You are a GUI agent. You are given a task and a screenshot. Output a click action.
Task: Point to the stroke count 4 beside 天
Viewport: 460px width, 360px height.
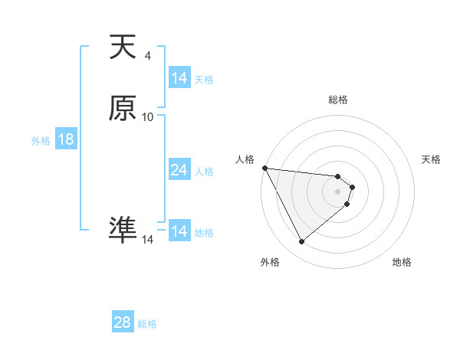148,56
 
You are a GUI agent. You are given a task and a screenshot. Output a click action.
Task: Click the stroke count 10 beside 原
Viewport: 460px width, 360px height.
148,117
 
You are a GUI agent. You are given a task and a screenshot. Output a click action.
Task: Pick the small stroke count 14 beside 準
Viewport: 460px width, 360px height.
148,240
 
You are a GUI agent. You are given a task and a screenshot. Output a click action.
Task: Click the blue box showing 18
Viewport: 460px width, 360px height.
65,140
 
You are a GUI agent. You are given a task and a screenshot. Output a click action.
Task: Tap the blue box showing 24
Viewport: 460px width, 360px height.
179,171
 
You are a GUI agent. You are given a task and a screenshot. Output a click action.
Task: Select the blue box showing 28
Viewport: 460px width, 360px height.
122,322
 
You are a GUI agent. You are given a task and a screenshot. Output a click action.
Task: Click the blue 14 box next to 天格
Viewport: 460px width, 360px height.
179,78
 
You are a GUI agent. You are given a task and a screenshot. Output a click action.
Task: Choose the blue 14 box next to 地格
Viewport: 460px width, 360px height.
179,232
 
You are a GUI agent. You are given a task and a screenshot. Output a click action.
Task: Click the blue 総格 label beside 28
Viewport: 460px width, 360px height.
147,324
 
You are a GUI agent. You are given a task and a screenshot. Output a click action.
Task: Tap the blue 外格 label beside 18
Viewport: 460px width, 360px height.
41,141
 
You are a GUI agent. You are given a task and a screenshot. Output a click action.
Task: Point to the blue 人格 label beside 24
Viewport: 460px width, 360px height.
205,172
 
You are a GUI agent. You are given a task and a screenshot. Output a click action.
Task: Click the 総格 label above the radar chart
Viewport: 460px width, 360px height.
338,100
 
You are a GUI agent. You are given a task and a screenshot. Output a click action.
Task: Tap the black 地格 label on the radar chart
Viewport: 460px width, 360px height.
402,263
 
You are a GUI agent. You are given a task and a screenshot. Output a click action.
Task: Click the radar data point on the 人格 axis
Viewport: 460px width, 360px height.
264,168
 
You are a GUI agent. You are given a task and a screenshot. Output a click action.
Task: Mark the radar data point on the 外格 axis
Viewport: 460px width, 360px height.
302,242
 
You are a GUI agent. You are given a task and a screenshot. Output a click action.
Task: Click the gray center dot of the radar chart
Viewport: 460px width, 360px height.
338,191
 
